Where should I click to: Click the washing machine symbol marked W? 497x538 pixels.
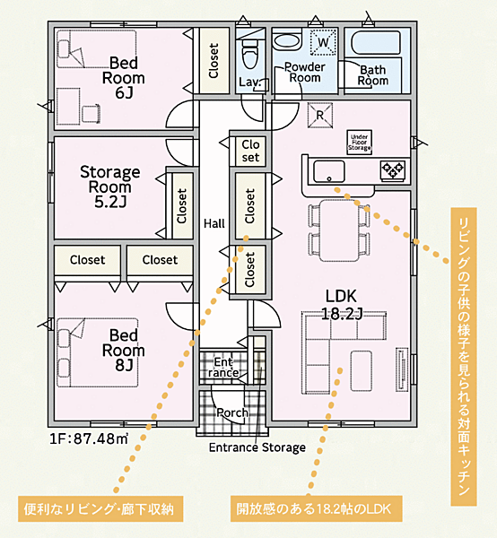(323, 42)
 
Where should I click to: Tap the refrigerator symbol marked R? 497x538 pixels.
(320, 116)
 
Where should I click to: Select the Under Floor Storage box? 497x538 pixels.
(360, 142)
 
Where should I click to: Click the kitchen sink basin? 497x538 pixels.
(329, 171)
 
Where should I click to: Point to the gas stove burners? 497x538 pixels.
(393, 169)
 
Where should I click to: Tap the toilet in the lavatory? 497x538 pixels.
(250, 53)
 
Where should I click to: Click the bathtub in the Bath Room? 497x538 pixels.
(376, 42)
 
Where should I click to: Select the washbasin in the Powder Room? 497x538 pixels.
(288, 41)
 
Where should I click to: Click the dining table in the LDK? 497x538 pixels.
(339, 230)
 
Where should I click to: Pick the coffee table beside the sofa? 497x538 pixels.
(361, 371)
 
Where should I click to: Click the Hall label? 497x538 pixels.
(214, 223)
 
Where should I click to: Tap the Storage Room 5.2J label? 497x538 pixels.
(110, 187)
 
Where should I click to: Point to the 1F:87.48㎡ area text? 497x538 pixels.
(89, 438)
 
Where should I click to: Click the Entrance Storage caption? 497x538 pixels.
(257, 447)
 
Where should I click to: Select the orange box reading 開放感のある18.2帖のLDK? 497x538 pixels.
(316, 508)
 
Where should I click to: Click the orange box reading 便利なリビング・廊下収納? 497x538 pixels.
(100, 509)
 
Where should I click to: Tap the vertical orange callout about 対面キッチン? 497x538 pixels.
(464, 356)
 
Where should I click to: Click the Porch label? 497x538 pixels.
(232, 412)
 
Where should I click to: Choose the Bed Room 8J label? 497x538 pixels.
(124, 351)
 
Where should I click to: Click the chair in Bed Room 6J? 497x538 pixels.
(91, 114)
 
